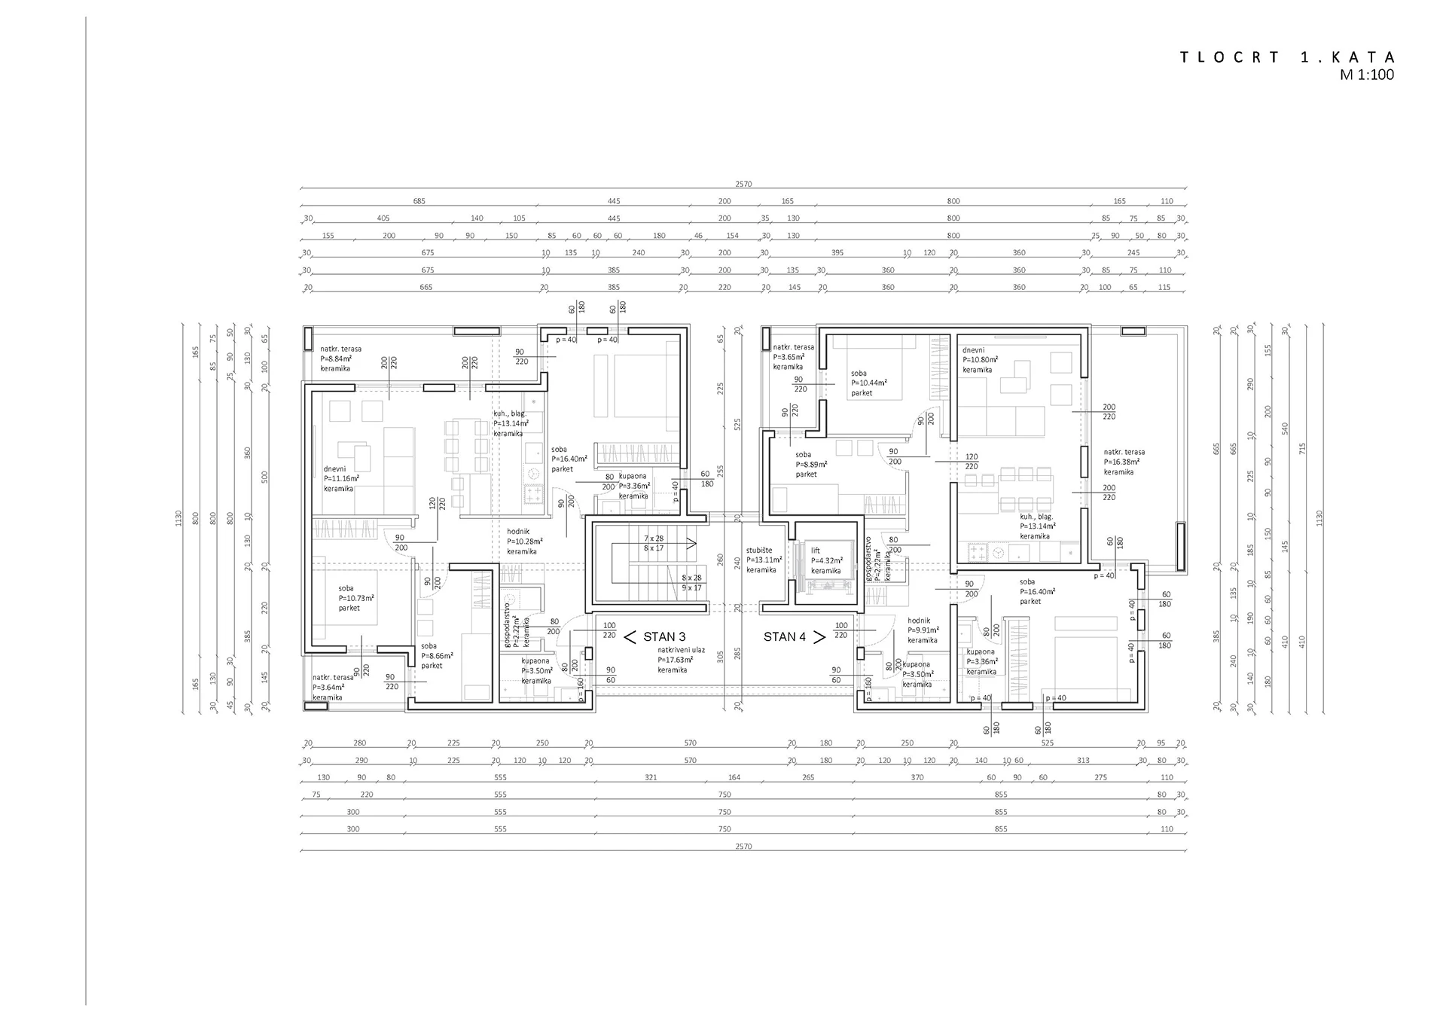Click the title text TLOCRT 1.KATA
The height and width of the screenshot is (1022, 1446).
[x=1287, y=58]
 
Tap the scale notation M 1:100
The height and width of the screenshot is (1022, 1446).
[x=1366, y=75]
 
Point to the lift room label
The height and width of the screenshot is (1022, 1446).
[x=816, y=551]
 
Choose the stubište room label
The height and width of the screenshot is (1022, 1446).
[x=759, y=551]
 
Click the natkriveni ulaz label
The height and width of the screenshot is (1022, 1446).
[x=681, y=649]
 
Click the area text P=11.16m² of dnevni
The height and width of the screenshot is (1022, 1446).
[x=341, y=478]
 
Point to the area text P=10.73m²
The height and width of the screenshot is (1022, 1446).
[x=356, y=598]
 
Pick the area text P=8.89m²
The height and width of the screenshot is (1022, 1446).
[x=811, y=465]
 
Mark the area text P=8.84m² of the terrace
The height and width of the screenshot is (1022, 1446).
[x=336, y=359]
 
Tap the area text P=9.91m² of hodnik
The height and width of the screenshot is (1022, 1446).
[x=923, y=630]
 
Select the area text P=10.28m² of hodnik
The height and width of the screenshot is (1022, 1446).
[x=524, y=542]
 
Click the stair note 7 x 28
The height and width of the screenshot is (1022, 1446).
[x=654, y=538]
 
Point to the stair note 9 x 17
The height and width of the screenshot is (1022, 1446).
[x=691, y=587]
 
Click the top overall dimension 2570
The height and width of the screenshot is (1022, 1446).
[x=743, y=184]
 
